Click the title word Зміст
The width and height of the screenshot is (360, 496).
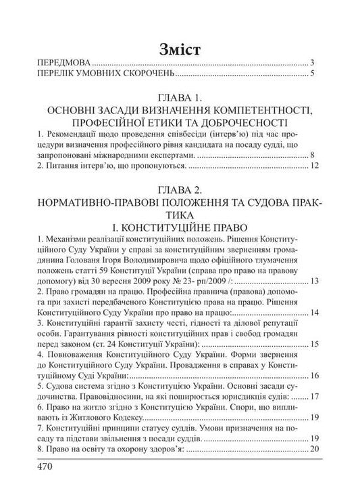180,49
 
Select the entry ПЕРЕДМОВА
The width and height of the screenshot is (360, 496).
66,62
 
